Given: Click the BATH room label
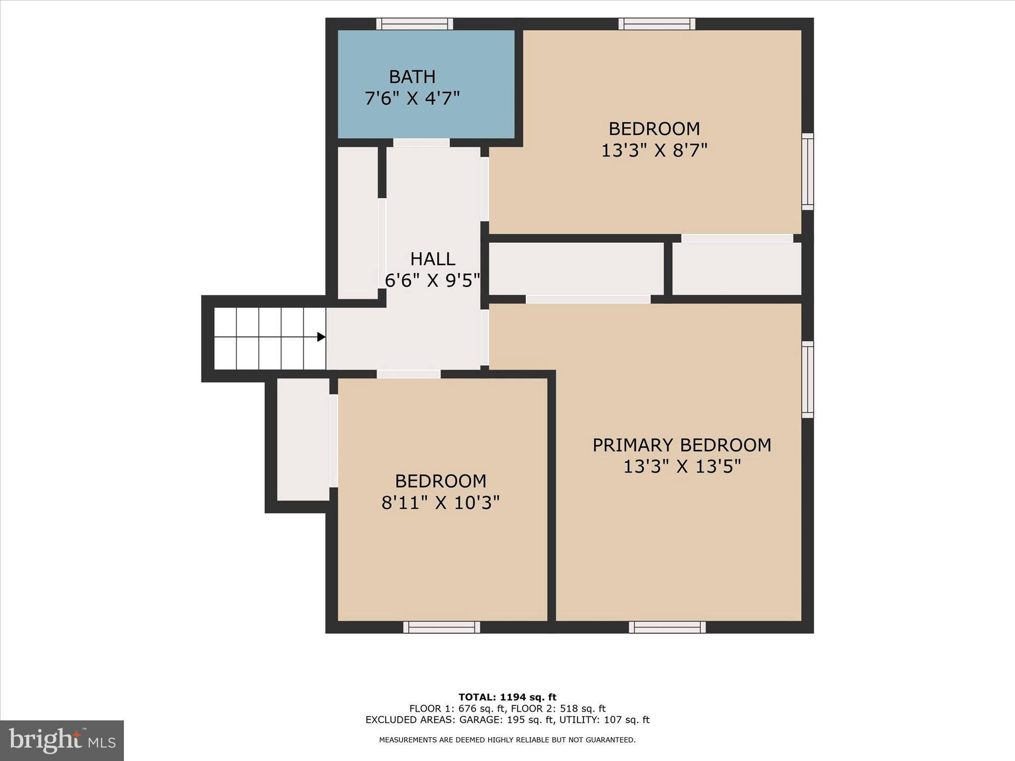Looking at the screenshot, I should [x=412, y=77].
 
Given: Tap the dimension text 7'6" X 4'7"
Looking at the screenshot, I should [x=412, y=99].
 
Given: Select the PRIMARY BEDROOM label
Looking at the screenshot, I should [x=681, y=445].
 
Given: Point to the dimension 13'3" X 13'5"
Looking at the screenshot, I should [x=681, y=467].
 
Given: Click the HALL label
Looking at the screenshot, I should [x=432, y=259].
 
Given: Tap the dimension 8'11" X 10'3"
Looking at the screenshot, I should [x=440, y=503].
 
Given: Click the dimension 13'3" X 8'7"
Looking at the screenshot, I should [x=654, y=150].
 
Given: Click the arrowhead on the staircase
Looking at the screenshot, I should [x=321, y=337].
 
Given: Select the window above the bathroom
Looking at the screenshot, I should [x=414, y=24].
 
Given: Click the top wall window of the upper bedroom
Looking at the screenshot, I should [x=657, y=24].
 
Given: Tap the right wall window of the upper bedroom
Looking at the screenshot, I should [x=807, y=171].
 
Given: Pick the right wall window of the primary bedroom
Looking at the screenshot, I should [x=807, y=380].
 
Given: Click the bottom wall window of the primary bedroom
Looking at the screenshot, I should [x=667, y=627].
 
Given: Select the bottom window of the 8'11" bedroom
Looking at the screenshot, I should [x=441, y=627].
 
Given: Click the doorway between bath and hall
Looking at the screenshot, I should [x=421, y=143].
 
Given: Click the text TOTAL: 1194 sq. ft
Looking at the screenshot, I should [x=507, y=698].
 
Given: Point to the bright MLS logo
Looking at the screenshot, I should [x=62, y=740].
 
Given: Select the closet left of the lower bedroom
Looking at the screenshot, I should [x=303, y=439].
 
